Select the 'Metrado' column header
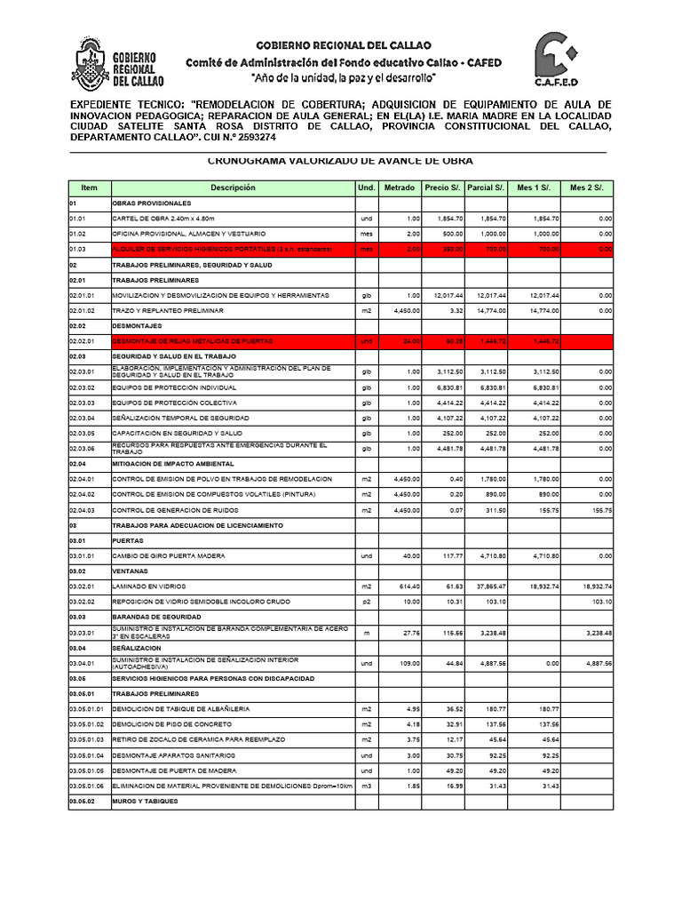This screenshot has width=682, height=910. click(399, 188)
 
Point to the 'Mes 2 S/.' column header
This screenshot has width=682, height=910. click(586, 188)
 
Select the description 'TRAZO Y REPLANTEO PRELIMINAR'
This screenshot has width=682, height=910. click(167, 310)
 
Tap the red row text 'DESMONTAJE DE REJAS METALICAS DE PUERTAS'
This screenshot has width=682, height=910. click(192, 341)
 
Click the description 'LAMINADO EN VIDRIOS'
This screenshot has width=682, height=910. click(148, 587)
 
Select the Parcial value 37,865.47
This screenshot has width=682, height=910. click(487, 587)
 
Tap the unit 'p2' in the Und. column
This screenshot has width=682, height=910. click(366, 603)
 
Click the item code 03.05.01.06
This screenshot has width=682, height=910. click(88, 786)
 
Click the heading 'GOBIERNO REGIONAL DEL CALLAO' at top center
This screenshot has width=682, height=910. click(343, 44)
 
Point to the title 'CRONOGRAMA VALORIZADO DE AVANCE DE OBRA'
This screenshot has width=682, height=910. click(340, 161)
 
